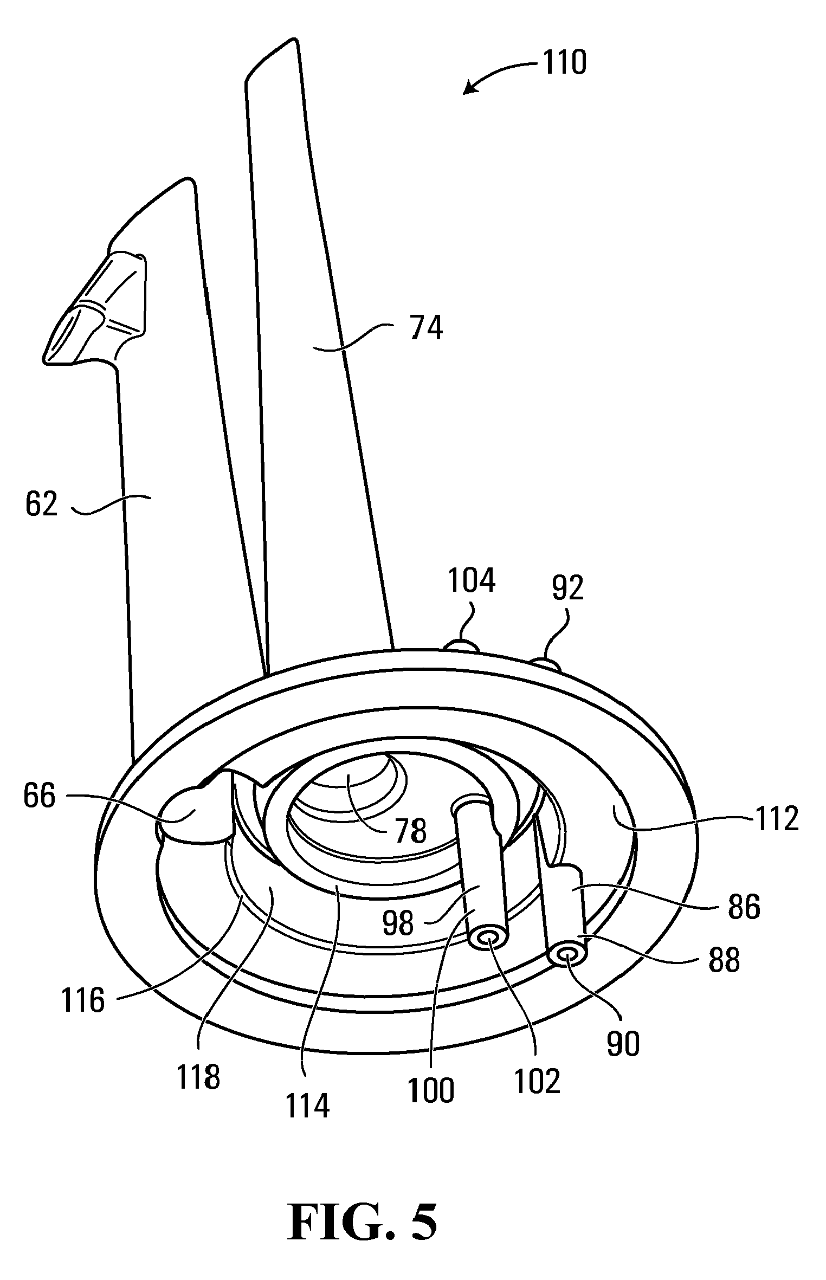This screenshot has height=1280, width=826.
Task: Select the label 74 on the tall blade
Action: [427, 329]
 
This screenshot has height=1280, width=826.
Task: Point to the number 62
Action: [42, 504]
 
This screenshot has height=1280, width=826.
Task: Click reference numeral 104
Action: [472, 580]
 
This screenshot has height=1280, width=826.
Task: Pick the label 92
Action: [567, 588]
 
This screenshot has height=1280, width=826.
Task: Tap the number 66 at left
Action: [40, 797]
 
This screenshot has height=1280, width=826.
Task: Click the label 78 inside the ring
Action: [410, 830]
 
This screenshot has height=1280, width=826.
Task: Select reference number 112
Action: [777, 819]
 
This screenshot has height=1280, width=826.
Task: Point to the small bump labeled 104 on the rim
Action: [461, 646]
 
